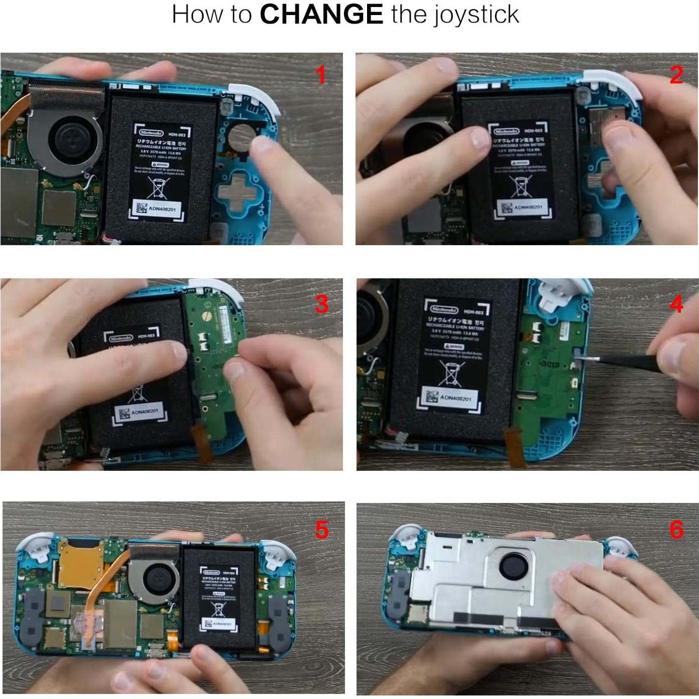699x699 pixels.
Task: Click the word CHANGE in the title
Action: tap(321, 14)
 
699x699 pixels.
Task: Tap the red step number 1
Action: tap(321, 76)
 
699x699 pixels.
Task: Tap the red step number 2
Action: tap(676, 75)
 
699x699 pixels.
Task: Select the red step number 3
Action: tap(321, 304)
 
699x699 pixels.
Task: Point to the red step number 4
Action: tap(676, 304)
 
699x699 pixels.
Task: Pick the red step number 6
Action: tap(676, 530)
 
